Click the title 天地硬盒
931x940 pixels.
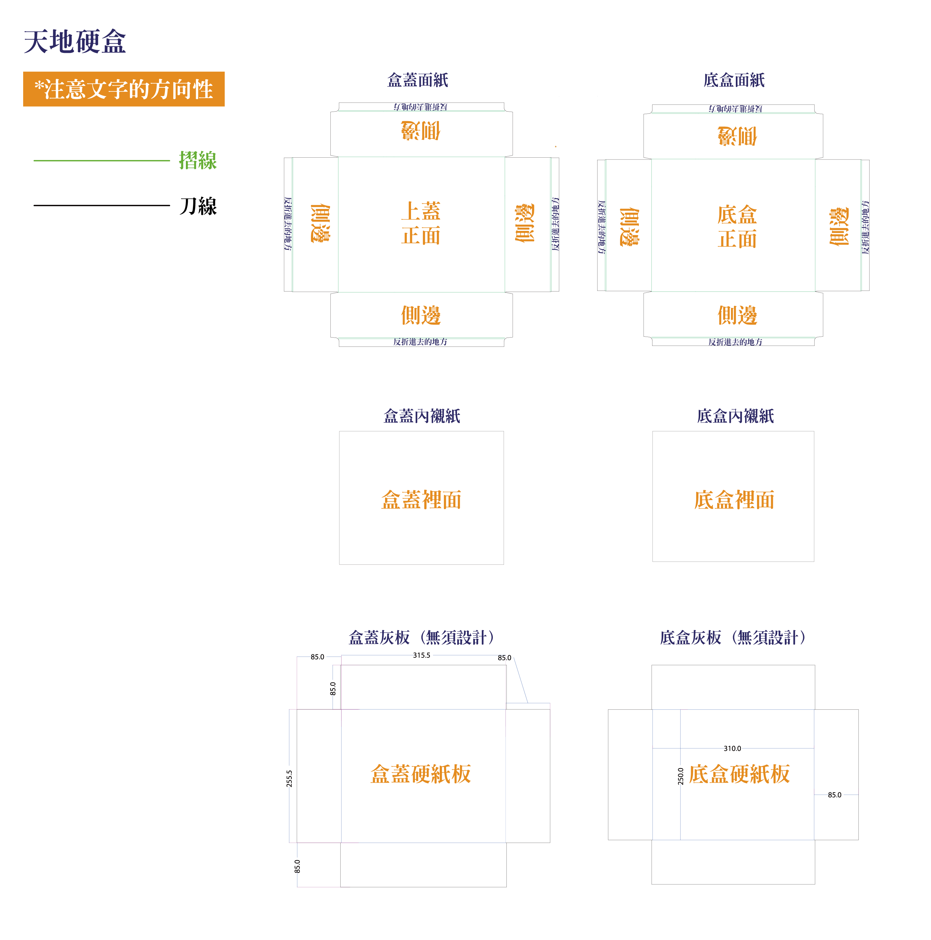coord(75,41)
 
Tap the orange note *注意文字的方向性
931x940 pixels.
coord(124,89)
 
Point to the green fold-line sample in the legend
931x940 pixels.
coord(101,160)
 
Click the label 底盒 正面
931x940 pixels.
coord(737,227)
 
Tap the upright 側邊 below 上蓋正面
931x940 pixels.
coord(421,315)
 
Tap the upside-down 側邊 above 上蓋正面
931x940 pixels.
coord(421,131)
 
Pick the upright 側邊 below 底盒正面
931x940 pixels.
coord(737,315)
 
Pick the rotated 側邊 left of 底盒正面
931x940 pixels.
coord(629,227)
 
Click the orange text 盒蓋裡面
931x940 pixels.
coord(421,500)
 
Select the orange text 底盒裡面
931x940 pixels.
coord(734,500)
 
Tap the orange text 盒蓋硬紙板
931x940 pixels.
coord(421,774)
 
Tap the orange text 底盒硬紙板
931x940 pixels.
coord(739,774)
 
